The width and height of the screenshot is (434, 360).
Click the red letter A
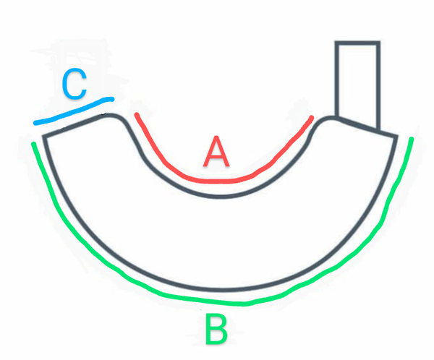(216, 153)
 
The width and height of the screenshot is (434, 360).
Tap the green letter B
(216, 330)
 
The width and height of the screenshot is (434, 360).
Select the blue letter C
(74, 85)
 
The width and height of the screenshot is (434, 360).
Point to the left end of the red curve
(135, 113)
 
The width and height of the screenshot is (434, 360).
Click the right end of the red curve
(312, 116)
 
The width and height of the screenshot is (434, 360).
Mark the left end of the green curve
(34, 145)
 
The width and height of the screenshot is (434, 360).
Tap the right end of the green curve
(412, 138)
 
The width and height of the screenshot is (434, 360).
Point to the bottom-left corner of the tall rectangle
(336, 116)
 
